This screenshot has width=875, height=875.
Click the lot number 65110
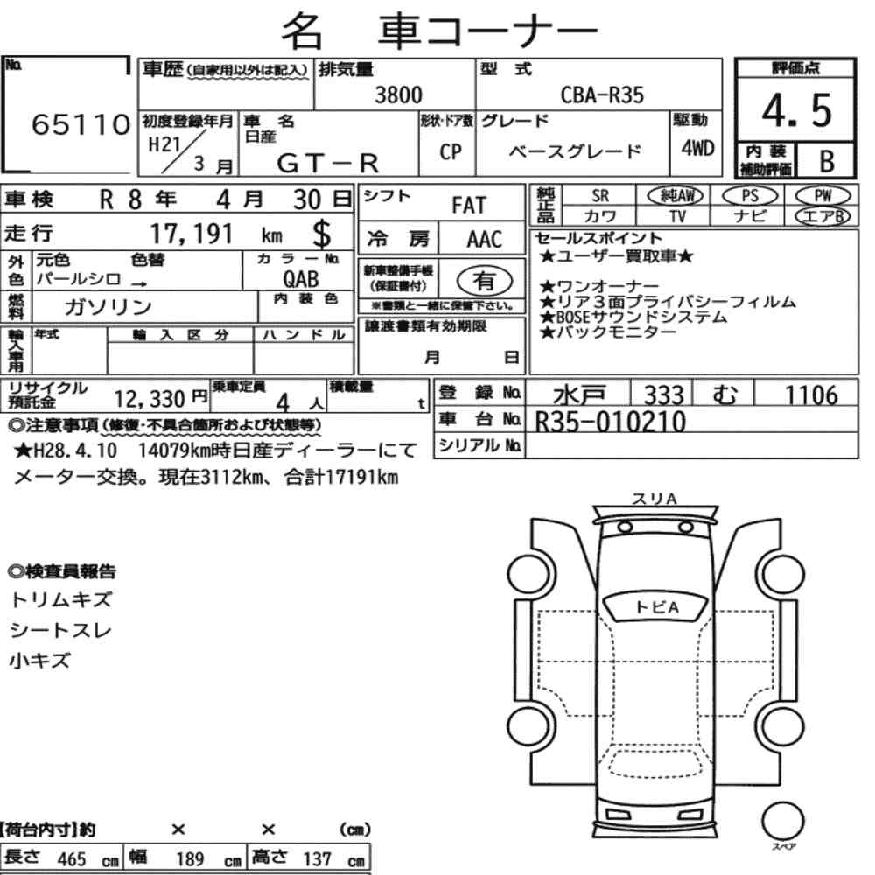[80, 124]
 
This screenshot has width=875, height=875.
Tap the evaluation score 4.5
[796, 110]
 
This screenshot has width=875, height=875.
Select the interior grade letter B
[827, 161]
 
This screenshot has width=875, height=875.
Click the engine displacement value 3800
[398, 94]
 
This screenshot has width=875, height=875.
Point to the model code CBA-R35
[602, 94]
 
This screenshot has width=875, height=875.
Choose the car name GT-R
[328, 163]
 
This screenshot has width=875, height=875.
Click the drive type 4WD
[697, 148]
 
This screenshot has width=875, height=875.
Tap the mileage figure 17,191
[192, 234]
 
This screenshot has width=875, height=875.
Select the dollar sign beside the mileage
[321, 234]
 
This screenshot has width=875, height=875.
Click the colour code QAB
[301, 279]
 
